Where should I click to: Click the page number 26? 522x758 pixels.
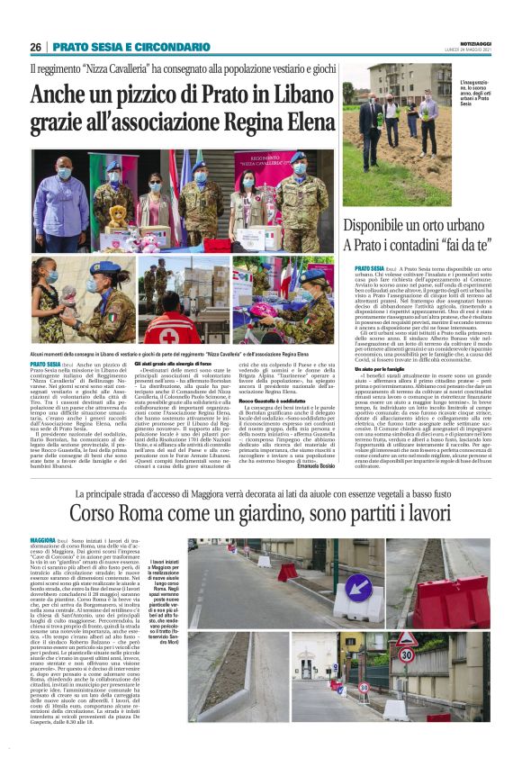(x=35, y=47)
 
